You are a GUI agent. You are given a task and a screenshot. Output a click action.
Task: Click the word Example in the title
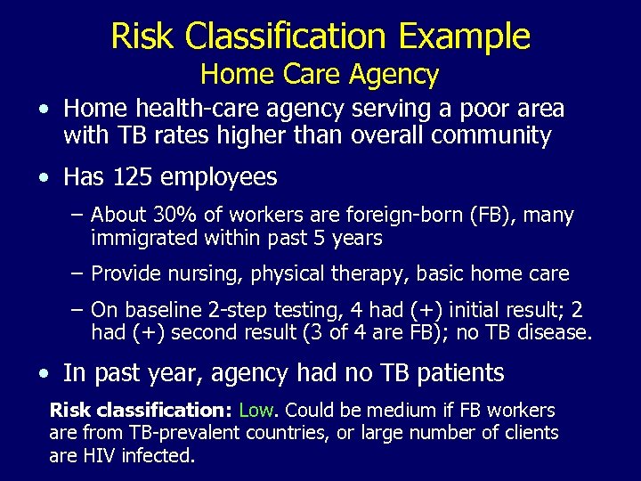pyautogui.click(x=465, y=37)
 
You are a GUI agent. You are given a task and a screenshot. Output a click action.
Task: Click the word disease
pyautogui.click(x=556, y=333)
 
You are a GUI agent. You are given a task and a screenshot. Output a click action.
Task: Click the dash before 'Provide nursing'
pyautogui.click(x=77, y=273)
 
